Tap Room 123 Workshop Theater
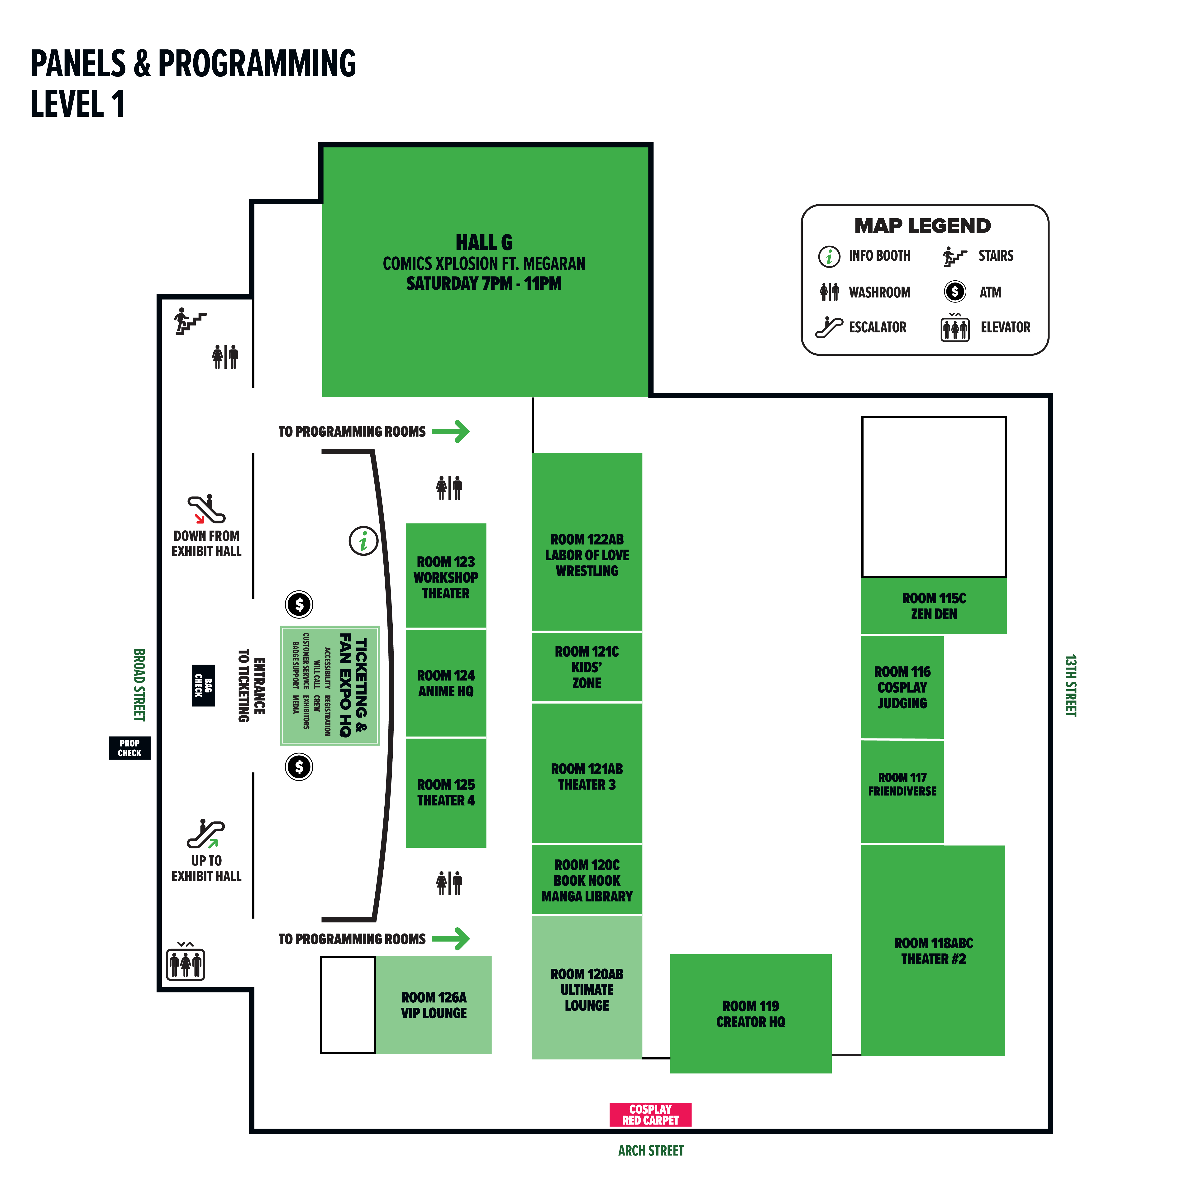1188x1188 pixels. [x=446, y=577]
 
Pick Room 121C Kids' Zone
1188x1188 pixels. [x=587, y=667]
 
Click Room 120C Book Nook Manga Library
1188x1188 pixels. [x=587, y=881]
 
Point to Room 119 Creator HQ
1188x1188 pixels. [x=750, y=1014]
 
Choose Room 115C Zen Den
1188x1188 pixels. [x=933, y=606]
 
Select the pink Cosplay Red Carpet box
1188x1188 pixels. [x=650, y=1114]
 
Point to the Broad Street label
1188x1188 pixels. [x=140, y=684]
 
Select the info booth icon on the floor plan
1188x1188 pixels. [x=363, y=541]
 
